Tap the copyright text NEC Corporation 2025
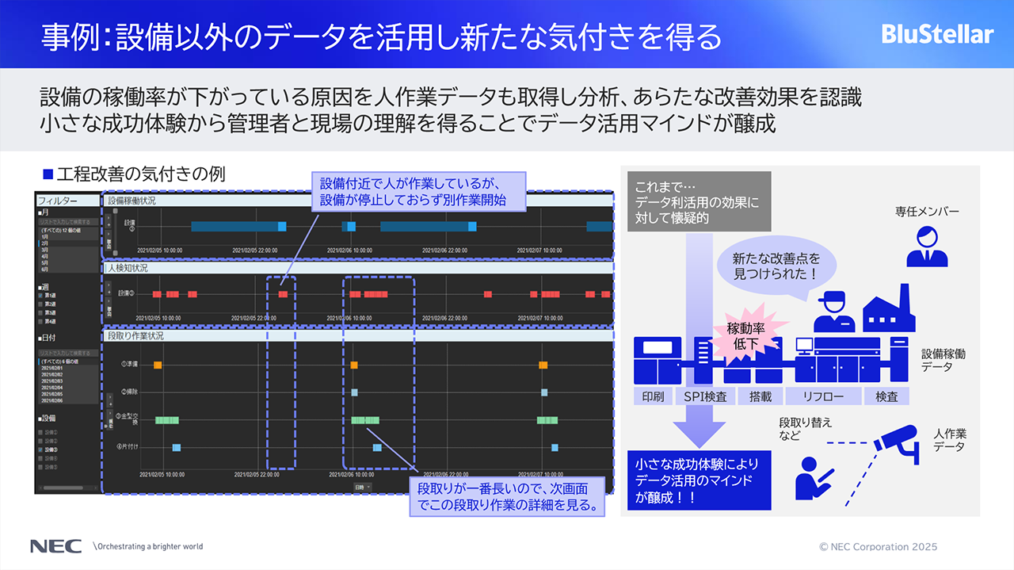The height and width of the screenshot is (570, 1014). (x=878, y=547)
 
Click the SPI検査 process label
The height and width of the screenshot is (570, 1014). (x=704, y=396)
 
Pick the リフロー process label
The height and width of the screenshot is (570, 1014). (x=823, y=396)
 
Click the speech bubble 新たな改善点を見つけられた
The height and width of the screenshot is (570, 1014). (x=776, y=267)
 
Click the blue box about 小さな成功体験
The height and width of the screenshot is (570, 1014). (x=698, y=480)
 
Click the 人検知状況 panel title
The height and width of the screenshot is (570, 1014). (x=128, y=268)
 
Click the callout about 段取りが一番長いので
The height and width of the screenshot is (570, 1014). (x=507, y=496)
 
